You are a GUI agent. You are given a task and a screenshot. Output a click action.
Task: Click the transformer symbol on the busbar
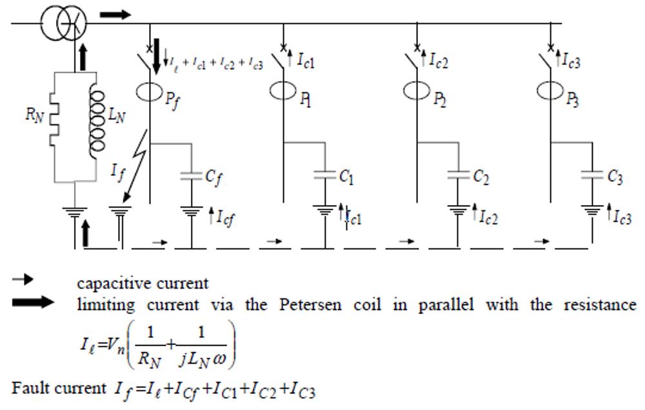64,24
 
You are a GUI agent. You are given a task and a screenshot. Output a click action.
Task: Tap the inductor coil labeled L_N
97,122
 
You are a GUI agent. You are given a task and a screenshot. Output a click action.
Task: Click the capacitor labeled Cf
192,175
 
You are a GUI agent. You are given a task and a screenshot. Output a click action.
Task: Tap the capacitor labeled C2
459,175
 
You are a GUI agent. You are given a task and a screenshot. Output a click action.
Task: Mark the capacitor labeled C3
593,175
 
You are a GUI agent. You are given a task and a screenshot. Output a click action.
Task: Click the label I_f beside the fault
117,172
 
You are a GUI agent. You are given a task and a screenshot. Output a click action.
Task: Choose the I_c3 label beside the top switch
570,61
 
